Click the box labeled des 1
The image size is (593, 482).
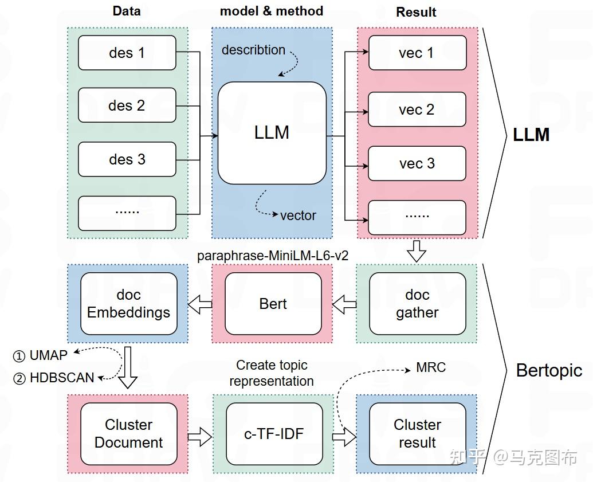pos(127,53)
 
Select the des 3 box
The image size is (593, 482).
pos(127,159)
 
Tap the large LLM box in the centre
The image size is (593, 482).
pos(272,133)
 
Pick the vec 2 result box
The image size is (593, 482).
pos(417,109)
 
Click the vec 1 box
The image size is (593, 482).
pos(417,53)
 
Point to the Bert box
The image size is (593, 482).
pos(273,304)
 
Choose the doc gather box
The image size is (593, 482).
pos(417,304)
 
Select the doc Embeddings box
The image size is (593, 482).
pos(128,304)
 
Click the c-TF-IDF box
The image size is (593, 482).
pos(273,434)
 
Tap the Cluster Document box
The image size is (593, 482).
pos(128,434)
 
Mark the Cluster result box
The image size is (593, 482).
pos(417,434)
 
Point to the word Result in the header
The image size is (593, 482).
pos(416,12)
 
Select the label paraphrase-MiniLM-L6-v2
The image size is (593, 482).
pos(273,256)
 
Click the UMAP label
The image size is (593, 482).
pos(48,355)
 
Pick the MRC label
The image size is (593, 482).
pos(431,367)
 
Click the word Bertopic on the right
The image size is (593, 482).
pos(549,370)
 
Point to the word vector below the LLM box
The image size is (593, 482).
pos(298,215)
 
